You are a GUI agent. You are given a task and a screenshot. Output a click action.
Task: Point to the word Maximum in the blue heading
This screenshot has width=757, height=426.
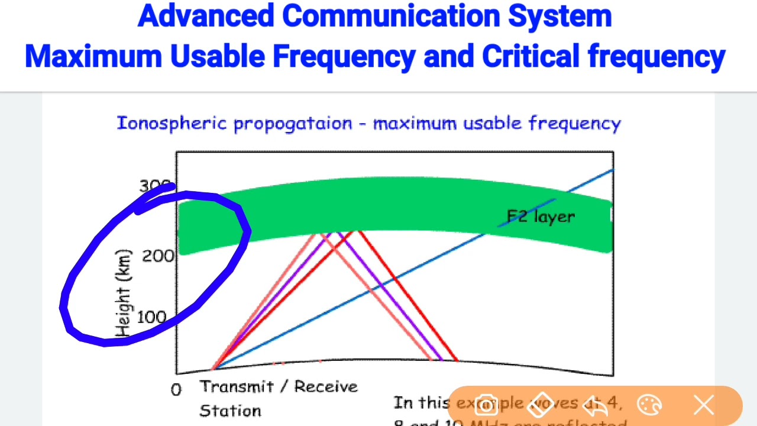point(93,57)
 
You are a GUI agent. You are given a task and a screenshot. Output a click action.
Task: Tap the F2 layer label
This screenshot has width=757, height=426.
point(541,217)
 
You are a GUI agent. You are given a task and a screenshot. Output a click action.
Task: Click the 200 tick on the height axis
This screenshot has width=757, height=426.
point(158,256)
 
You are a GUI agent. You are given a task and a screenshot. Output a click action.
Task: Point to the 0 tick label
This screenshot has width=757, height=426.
point(176,390)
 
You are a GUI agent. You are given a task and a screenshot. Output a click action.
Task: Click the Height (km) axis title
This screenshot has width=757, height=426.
point(123,293)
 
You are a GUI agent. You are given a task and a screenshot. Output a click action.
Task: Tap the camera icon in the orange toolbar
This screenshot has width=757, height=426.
point(486,405)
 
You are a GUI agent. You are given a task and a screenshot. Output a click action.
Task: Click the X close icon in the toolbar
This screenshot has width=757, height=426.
point(704,405)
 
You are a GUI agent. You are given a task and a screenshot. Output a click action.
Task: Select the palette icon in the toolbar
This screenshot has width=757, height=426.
point(649,405)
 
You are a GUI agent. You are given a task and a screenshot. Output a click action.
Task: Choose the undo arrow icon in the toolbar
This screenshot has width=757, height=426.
point(595,405)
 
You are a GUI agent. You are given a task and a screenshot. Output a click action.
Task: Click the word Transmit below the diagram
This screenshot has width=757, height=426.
point(237,387)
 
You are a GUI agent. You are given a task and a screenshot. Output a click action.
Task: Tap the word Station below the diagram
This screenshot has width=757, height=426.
point(230,411)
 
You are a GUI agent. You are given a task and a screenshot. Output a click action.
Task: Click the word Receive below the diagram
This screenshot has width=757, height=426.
point(326,387)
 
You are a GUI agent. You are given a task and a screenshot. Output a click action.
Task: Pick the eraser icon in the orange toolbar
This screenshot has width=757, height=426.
point(541,405)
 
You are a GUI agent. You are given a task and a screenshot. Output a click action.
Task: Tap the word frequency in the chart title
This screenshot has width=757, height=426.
point(574,123)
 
